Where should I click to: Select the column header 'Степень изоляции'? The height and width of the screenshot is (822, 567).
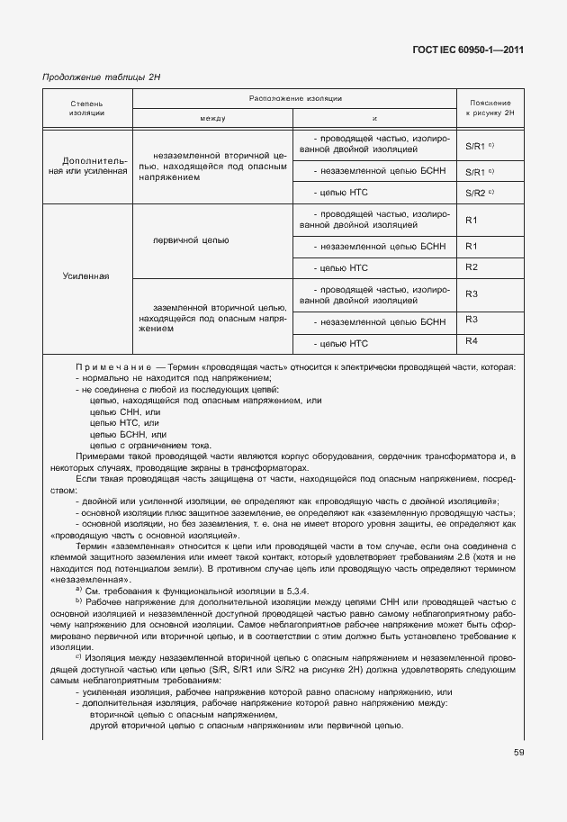86,108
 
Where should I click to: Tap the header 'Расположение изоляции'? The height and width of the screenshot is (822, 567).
294,97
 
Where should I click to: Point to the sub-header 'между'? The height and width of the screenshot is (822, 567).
212,119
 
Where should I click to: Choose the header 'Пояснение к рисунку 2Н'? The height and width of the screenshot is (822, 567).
489,108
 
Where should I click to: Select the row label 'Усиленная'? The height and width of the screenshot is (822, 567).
86,276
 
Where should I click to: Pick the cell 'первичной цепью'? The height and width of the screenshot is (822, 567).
191,240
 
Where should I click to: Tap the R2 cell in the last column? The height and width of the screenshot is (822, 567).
472,267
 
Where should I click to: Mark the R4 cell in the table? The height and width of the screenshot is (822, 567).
472,340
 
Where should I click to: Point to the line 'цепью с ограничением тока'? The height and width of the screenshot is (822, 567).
150,445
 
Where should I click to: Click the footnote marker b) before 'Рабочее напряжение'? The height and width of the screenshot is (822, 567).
79,601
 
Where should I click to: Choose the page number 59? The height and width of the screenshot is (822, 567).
518,753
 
